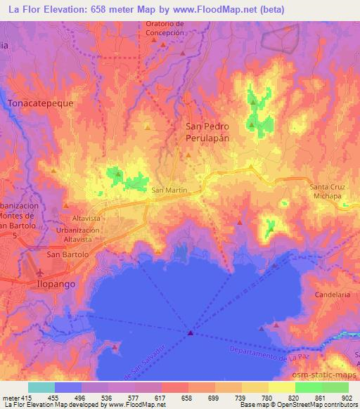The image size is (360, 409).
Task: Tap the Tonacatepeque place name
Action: (x=40, y=103)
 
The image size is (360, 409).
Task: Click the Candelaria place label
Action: (x=333, y=294)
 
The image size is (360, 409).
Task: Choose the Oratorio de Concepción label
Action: (x=165, y=27)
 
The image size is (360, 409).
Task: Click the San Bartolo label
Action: (x=67, y=254)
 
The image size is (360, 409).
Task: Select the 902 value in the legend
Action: (x=347, y=397)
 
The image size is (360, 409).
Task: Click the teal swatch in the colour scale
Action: (x=41, y=387)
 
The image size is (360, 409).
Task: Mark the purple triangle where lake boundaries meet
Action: (x=190, y=333)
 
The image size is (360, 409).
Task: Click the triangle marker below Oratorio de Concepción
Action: (x=164, y=44)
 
